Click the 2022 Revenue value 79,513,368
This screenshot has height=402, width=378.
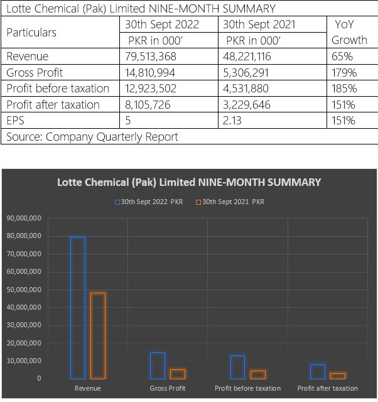click(x=151, y=57)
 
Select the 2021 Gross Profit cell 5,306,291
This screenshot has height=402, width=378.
click(x=246, y=73)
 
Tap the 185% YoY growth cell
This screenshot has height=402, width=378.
click(x=344, y=89)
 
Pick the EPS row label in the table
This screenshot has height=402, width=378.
click(x=15, y=121)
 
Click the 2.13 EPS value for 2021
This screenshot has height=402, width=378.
click(x=232, y=121)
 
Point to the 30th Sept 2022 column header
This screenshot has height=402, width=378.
click(x=162, y=24)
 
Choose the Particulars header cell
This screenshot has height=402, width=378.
click(x=31, y=33)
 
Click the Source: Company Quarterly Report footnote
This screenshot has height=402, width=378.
click(x=92, y=137)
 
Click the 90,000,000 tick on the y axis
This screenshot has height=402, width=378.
click(x=24, y=218)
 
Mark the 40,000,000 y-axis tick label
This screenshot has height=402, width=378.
click(x=24, y=307)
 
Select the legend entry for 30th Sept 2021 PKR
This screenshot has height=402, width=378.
click(x=230, y=202)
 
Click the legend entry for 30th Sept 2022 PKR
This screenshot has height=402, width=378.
click(x=149, y=202)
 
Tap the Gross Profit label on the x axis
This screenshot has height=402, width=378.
click(x=168, y=388)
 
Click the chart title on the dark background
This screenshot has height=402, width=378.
click(x=189, y=182)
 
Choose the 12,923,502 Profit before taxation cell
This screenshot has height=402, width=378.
click(x=151, y=89)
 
